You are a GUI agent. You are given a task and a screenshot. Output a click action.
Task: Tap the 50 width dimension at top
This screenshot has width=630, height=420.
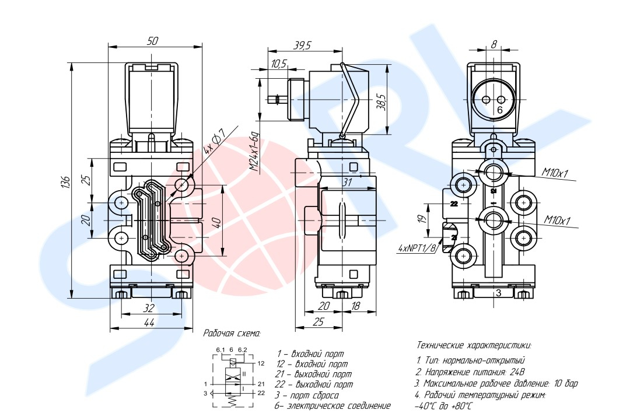click(x=152, y=41)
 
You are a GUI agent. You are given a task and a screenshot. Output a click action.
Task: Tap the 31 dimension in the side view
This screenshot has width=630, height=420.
click(x=348, y=183)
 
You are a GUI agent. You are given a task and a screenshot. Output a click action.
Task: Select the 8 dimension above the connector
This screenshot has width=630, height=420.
click(x=494, y=44)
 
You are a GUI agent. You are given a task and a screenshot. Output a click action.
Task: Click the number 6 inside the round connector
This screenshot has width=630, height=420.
click(x=500, y=110)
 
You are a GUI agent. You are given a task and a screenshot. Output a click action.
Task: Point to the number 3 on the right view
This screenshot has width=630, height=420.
click(x=498, y=293)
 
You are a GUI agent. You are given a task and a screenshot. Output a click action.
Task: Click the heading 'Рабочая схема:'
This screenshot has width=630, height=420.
click(x=232, y=334)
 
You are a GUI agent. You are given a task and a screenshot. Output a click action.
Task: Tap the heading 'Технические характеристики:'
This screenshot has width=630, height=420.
click(x=474, y=345)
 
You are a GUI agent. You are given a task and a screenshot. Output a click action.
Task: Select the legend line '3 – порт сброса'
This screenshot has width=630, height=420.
click(x=307, y=395)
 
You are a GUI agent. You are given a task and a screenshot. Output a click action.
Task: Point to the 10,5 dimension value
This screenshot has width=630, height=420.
click(x=279, y=64)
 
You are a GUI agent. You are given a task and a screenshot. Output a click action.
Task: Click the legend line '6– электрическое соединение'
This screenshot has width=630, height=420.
click(x=332, y=405)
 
